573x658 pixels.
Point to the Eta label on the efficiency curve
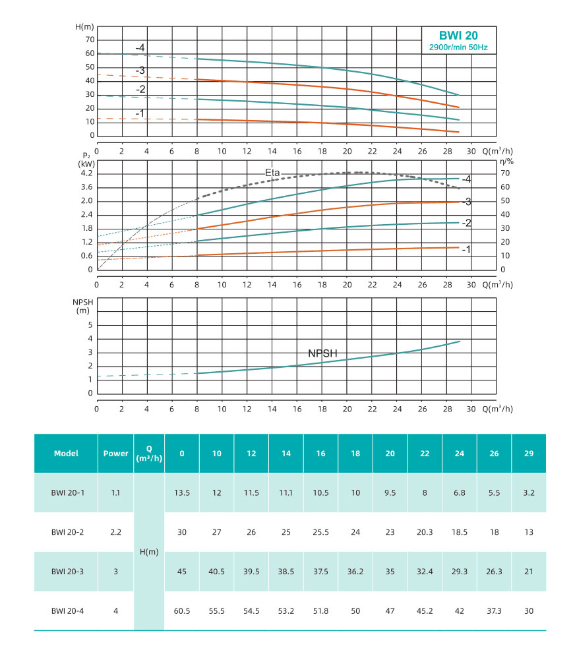click(272, 173)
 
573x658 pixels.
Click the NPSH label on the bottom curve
click(322, 353)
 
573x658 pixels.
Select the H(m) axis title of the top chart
click(84, 27)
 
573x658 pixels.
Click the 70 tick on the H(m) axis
click(89, 40)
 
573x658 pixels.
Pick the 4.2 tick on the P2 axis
click(86, 173)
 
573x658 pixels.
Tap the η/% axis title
click(506, 161)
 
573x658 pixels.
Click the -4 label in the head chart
click(140, 47)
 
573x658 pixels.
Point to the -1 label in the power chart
click(466, 249)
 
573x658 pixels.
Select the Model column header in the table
click(66, 453)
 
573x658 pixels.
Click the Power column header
click(116, 453)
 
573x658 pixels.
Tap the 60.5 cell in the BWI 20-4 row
click(182, 611)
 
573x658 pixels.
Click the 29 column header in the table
click(529, 453)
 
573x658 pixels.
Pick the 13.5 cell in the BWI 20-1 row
click(182, 493)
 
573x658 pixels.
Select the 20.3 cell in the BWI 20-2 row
click(425, 532)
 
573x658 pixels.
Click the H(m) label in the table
click(150, 552)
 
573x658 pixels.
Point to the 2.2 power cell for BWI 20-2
click(116, 532)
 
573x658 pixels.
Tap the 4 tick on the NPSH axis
click(90, 339)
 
